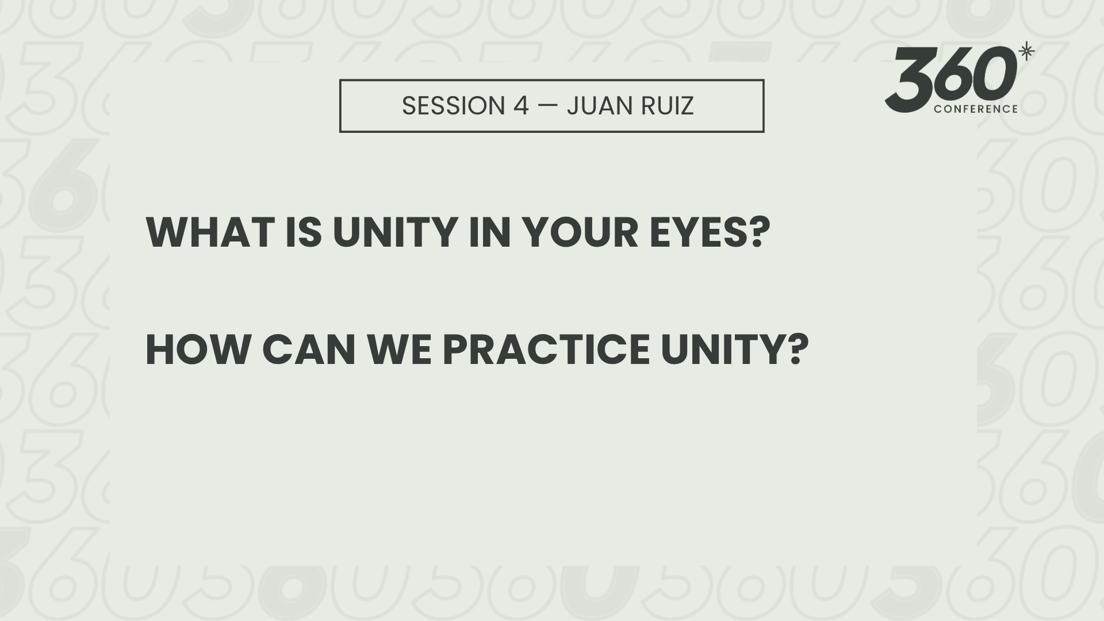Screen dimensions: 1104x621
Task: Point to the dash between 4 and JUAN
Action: [x=548, y=106]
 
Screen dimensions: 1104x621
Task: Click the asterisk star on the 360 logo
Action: [x=1026, y=52]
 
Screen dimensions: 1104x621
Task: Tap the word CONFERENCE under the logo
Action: [x=976, y=109]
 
